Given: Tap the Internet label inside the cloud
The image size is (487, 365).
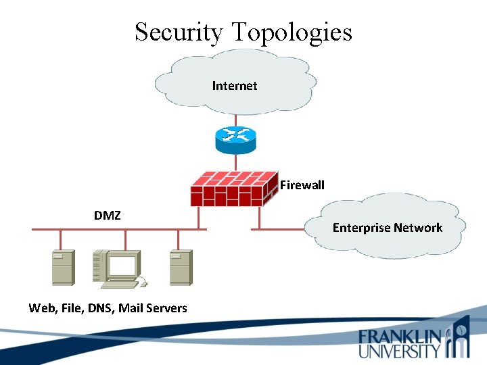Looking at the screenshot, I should (x=235, y=86).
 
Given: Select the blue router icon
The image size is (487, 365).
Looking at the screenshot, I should (x=236, y=139).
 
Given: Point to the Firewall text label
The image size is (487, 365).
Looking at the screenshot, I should (x=302, y=185).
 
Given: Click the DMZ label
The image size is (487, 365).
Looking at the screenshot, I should (x=108, y=216).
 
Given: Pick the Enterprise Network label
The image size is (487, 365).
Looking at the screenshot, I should (x=387, y=228).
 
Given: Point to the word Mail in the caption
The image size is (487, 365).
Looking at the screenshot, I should (x=131, y=308).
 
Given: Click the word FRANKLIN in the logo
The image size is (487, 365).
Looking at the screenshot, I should (x=400, y=337).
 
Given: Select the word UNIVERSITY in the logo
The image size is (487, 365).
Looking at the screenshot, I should (x=399, y=351).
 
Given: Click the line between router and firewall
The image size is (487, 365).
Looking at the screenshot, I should (x=236, y=162).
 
